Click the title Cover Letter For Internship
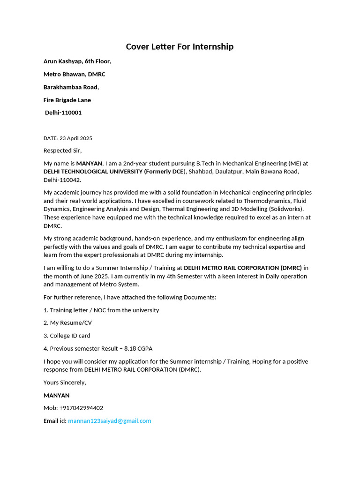coord(180,46)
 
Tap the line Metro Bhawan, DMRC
coord(74,74)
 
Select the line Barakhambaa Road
coord(71,87)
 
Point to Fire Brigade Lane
coord(67,100)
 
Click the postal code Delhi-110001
coord(63,112)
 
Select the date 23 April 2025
coord(76,138)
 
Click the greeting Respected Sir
coord(62,150)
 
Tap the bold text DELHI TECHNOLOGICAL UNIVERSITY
coord(92,172)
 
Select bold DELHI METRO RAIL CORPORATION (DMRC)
coord(242,268)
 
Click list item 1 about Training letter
coord(101,310)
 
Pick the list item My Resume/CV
coord(67,323)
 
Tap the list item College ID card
coord(67,336)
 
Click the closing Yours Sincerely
coord(65,382)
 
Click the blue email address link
coord(110,421)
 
